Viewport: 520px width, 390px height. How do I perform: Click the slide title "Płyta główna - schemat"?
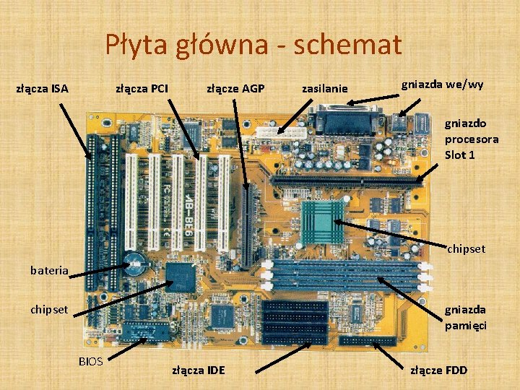tap(253, 45)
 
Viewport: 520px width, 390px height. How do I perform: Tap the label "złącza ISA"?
tap(42, 90)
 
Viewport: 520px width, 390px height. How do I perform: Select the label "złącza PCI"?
tap(142, 89)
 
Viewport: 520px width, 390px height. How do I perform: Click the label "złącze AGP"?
tap(235, 89)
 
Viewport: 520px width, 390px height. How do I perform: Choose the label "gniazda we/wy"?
tap(442, 84)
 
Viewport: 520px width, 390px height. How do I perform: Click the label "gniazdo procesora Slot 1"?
tap(471, 139)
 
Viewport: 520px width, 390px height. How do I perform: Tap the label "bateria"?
tap(49, 271)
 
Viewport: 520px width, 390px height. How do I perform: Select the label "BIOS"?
tap(91, 360)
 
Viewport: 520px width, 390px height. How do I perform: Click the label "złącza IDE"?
tap(198, 370)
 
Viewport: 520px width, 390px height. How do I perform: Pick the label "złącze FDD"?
tap(438, 370)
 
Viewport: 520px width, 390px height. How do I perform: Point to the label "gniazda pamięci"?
tap(465, 317)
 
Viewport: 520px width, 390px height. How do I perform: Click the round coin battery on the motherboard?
tap(135, 262)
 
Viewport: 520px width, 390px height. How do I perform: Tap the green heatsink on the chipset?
tap(322, 221)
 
